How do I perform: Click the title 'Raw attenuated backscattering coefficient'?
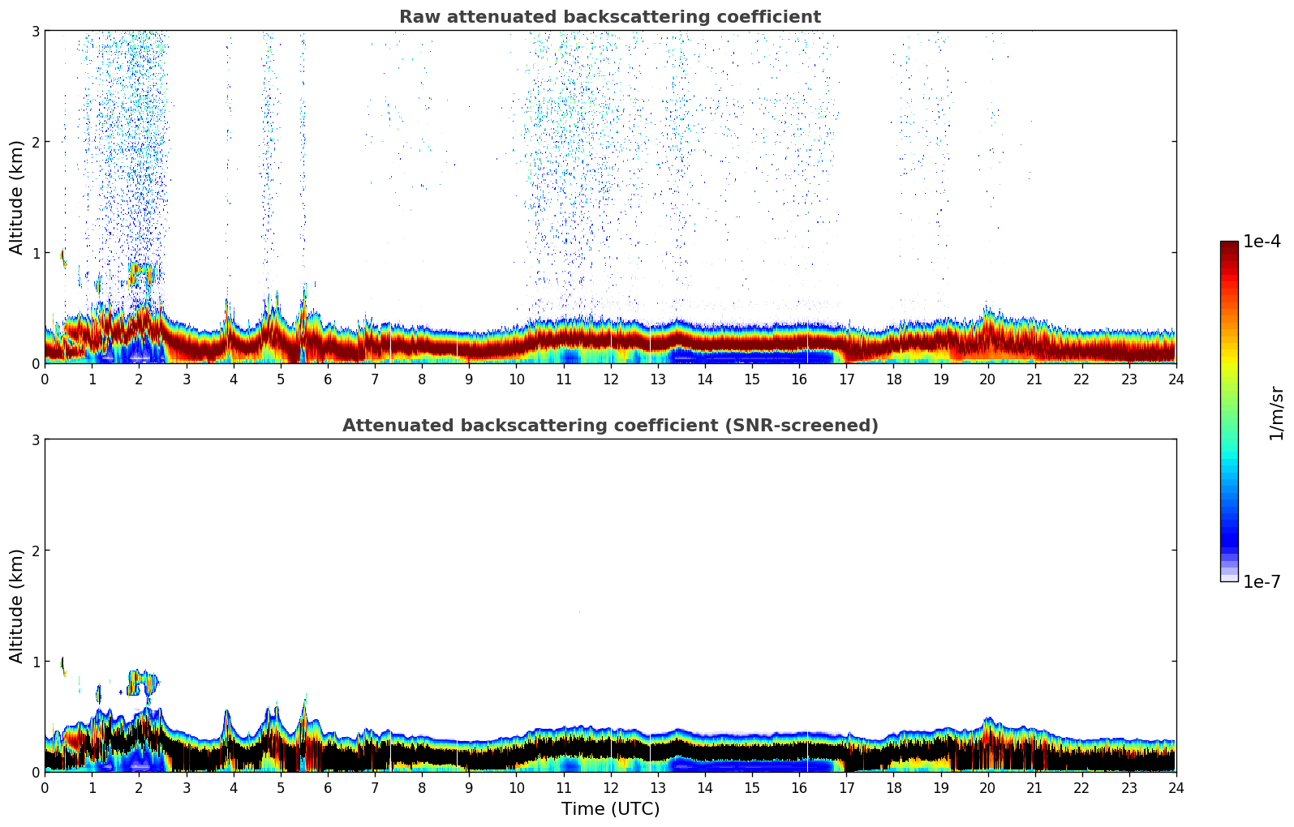(609, 17)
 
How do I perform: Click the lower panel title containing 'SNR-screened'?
(609, 426)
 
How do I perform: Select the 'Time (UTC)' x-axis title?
(610, 808)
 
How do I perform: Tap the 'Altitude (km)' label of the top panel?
(17, 197)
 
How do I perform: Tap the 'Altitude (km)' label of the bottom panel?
(17, 606)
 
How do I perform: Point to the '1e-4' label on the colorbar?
(1262, 242)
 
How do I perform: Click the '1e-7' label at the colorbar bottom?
(1262, 581)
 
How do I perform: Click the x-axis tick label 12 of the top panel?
(610, 379)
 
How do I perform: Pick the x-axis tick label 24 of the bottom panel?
(1176, 788)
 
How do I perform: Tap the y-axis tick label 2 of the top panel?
(35, 142)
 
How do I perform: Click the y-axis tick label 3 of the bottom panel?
(35, 439)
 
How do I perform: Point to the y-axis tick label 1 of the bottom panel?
(35, 662)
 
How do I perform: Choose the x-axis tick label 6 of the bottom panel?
(328, 788)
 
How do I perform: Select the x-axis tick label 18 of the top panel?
(893, 379)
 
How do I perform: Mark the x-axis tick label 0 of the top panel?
(45, 379)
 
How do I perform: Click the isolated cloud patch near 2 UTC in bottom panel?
(143, 683)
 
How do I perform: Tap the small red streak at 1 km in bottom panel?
(62, 665)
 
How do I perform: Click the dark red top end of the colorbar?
(1229, 245)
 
